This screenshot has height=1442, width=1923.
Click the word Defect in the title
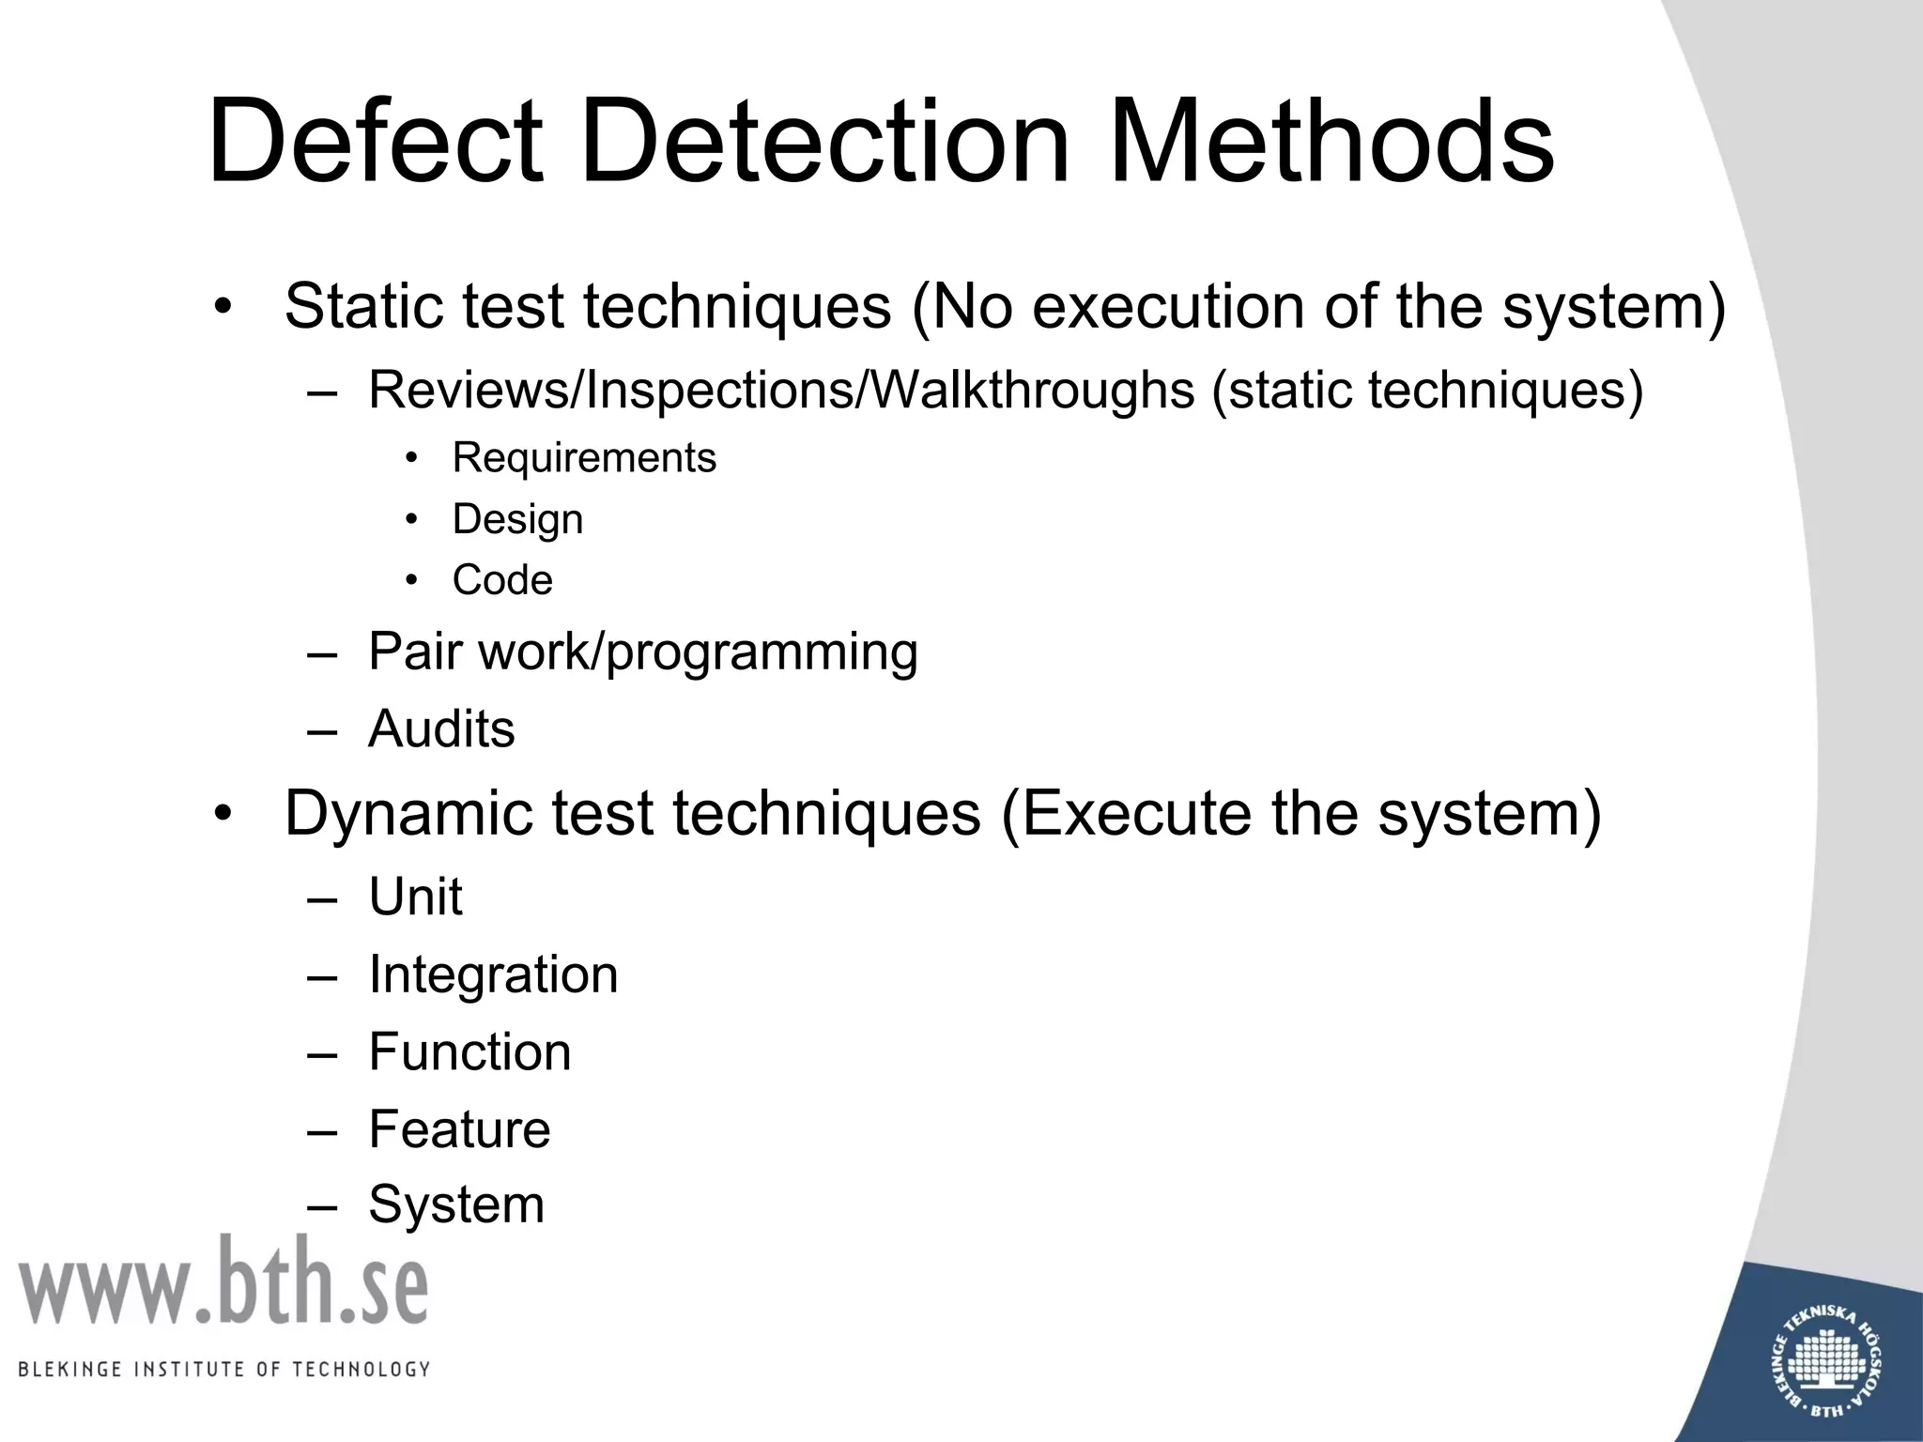375,143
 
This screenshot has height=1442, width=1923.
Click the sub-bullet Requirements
584,458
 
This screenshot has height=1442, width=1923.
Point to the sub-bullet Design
517,519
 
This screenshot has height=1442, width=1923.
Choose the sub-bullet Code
502,580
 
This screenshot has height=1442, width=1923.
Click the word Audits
441,729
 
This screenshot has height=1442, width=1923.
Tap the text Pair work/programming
642,652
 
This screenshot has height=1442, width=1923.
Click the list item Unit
415,897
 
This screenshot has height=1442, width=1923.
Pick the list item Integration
493,974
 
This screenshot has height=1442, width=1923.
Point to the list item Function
469,1051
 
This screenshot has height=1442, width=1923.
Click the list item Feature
459,1128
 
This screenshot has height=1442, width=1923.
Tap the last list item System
456,1204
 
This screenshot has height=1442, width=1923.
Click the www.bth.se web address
223,1282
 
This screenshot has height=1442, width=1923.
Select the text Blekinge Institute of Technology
223,1369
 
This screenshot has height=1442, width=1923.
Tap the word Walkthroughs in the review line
1033,390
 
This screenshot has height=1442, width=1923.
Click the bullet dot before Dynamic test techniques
222,814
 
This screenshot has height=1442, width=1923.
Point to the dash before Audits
322,730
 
